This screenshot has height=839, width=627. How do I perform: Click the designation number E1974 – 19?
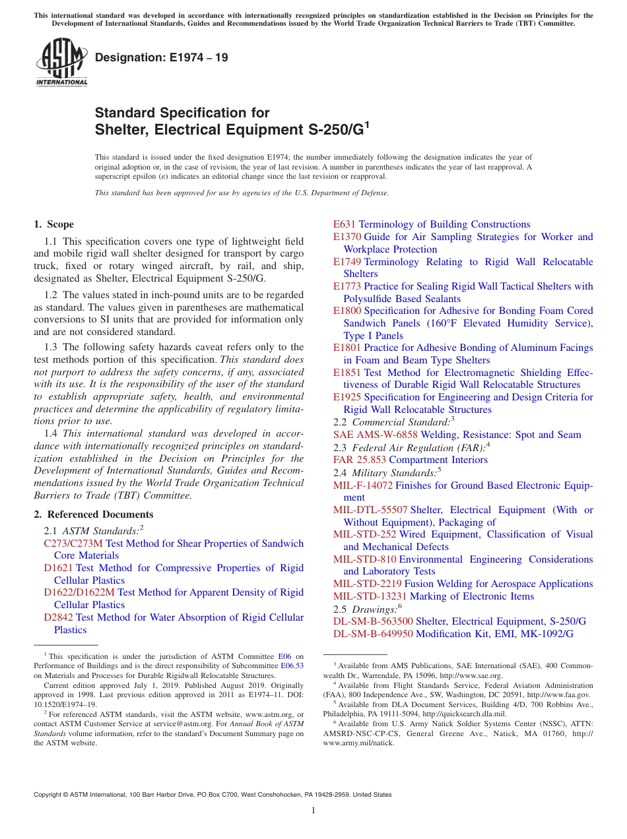(x=162, y=57)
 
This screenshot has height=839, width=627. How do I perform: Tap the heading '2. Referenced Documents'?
(x=93, y=514)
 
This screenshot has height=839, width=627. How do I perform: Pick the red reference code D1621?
(x=58, y=568)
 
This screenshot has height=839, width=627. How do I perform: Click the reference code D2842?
(x=58, y=617)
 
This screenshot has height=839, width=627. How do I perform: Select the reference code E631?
(x=345, y=224)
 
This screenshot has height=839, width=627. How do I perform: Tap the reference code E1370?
(x=347, y=237)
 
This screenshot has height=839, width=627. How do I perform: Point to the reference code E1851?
(x=347, y=373)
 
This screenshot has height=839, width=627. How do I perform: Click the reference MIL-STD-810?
(x=365, y=559)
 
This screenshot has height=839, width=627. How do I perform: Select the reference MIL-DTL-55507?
(x=370, y=510)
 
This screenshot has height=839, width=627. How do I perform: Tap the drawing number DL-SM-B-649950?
(x=373, y=634)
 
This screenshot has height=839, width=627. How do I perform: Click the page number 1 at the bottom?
(x=313, y=811)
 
